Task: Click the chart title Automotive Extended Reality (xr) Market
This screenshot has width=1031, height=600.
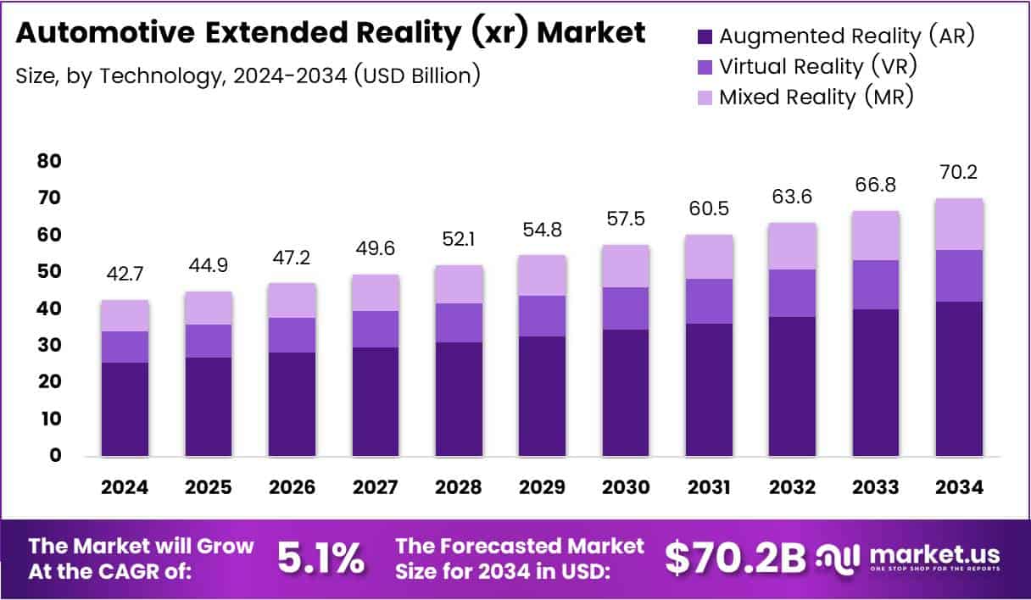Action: click(x=331, y=32)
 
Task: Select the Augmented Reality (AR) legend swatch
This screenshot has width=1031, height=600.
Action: click(x=704, y=36)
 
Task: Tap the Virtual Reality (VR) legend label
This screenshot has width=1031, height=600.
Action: click(x=817, y=66)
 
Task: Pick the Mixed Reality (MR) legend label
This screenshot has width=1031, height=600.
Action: click(x=816, y=97)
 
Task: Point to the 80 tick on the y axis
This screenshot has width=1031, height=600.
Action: click(x=49, y=161)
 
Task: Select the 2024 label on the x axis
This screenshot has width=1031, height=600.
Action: click(x=125, y=487)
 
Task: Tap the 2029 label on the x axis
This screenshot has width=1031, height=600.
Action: click(x=542, y=487)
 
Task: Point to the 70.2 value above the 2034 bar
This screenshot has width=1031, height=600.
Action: click(x=960, y=174)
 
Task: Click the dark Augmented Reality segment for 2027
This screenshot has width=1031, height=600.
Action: click(x=376, y=402)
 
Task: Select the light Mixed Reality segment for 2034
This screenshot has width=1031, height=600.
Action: click(x=960, y=225)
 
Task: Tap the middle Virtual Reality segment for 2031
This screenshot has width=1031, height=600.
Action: click(x=709, y=301)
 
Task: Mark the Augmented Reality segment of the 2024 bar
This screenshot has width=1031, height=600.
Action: click(x=125, y=409)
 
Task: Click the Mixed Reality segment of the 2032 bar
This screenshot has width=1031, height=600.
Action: click(x=793, y=247)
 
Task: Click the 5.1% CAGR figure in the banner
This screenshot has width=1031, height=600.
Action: click(x=321, y=558)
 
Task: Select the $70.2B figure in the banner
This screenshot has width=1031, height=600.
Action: click(x=734, y=558)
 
